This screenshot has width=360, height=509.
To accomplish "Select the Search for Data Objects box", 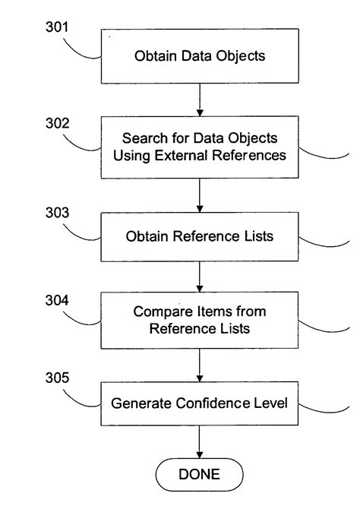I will coord(199,149).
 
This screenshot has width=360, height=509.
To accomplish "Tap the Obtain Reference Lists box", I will coord(199,236).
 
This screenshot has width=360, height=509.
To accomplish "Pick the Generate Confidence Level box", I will coord(199,403).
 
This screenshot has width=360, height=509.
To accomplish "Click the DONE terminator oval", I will coord(199,475).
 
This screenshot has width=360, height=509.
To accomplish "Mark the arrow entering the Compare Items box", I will coord(199,282).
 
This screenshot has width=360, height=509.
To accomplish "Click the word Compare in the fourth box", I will coord(159,311).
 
